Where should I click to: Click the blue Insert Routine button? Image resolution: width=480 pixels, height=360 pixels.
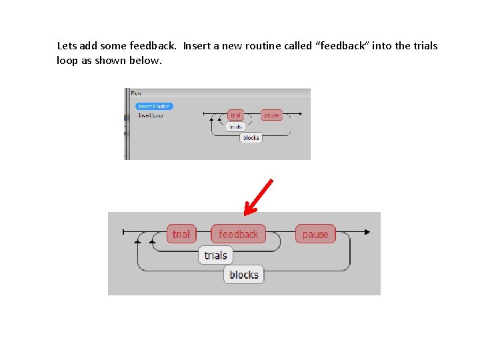154,106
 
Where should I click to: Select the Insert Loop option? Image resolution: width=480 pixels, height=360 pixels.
150,115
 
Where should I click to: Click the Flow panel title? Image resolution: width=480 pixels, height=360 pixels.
136,93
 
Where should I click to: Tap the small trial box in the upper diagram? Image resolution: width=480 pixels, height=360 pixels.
235,115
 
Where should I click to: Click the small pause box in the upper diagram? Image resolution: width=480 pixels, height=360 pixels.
271,115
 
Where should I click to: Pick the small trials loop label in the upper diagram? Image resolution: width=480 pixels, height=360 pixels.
236,126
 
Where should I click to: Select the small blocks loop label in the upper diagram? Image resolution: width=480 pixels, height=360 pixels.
251,137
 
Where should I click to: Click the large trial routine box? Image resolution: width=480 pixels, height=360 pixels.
181,234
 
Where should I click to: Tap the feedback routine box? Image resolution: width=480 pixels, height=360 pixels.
238,234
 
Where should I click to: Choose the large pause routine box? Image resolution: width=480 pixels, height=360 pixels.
315,234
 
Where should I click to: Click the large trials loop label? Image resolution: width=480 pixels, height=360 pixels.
215,255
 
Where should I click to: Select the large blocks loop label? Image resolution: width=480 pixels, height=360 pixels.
243,275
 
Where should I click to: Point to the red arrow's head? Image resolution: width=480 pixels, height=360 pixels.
247,211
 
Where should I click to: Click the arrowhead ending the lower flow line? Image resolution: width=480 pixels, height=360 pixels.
367,232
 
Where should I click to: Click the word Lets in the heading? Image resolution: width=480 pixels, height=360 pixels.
67,46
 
